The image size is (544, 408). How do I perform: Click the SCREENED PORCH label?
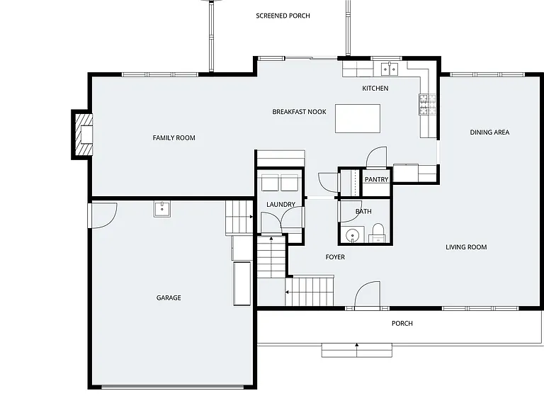point(283,16)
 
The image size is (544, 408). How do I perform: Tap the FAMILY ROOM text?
point(174,137)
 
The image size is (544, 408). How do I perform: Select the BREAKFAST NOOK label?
point(299,112)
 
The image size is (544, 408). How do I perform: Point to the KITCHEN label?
point(375,89)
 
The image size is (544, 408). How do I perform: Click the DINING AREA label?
point(489,132)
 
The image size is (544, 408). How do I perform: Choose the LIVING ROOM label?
point(466,247)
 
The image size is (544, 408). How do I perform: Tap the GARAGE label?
point(169,297)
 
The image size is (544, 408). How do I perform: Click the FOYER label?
point(335,257)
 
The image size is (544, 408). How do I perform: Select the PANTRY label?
point(376,179)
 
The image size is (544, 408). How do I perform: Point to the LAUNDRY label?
point(280,204)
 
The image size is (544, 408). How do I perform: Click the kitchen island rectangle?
point(357,118)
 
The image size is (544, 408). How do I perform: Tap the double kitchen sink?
point(390,69)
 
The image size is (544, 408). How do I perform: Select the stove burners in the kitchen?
point(427,104)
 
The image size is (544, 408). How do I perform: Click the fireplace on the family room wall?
point(82,135)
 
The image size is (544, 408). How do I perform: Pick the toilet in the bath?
point(378,233)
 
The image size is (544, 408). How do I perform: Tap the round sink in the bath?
point(353,235)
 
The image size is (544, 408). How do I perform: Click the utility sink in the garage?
point(162,209)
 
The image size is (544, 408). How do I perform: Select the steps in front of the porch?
point(357,351)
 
